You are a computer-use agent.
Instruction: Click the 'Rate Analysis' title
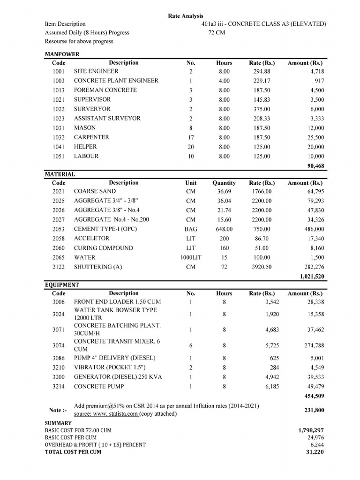click(186, 16)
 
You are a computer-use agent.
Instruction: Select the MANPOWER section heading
click(62, 54)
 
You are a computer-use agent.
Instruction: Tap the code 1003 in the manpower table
click(59, 81)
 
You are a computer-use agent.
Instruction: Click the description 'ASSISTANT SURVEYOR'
click(107, 119)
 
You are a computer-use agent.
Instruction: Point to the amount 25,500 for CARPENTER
click(314, 137)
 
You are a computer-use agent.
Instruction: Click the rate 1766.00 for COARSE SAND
click(261, 191)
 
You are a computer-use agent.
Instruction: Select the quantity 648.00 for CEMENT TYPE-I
click(224, 229)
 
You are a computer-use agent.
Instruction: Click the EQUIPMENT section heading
click(62, 285)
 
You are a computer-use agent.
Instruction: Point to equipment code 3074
click(59, 345)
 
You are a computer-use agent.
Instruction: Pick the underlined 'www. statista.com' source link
click(115, 414)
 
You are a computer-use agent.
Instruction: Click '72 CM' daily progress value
click(217, 33)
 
